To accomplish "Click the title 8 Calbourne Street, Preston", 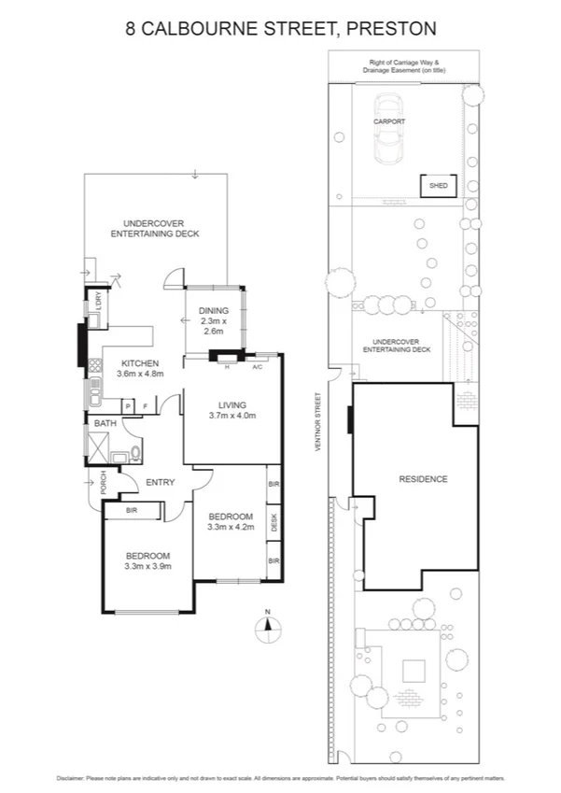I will (x=280, y=29).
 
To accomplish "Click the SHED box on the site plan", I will (x=438, y=186).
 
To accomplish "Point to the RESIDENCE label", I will (x=423, y=479).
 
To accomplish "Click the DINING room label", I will (x=214, y=311).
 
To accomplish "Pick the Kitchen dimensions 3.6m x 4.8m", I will (x=140, y=374).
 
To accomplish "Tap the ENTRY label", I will (x=161, y=482).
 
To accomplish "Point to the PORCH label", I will (x=91, y=481).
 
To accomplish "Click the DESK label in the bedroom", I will (x=274, y=523).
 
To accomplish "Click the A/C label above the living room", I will (x=257, y=366).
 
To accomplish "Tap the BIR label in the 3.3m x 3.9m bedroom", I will (x=133, y=510).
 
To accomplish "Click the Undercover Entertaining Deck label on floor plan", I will (x=155, y=228).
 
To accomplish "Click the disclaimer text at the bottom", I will (x=280, y=777).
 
